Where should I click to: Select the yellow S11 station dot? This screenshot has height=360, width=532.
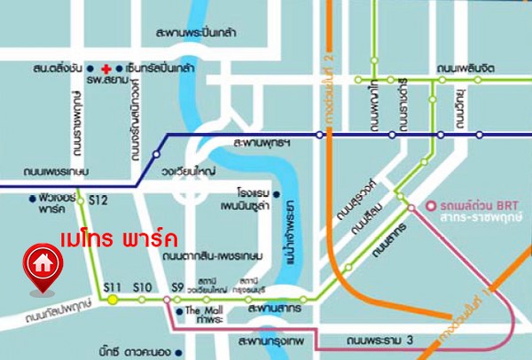pos(113,300)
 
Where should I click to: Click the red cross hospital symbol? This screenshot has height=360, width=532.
pos(106,68)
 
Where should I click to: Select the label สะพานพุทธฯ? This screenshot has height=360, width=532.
pos(262,142)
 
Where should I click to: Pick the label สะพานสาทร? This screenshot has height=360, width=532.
pos(274,310)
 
